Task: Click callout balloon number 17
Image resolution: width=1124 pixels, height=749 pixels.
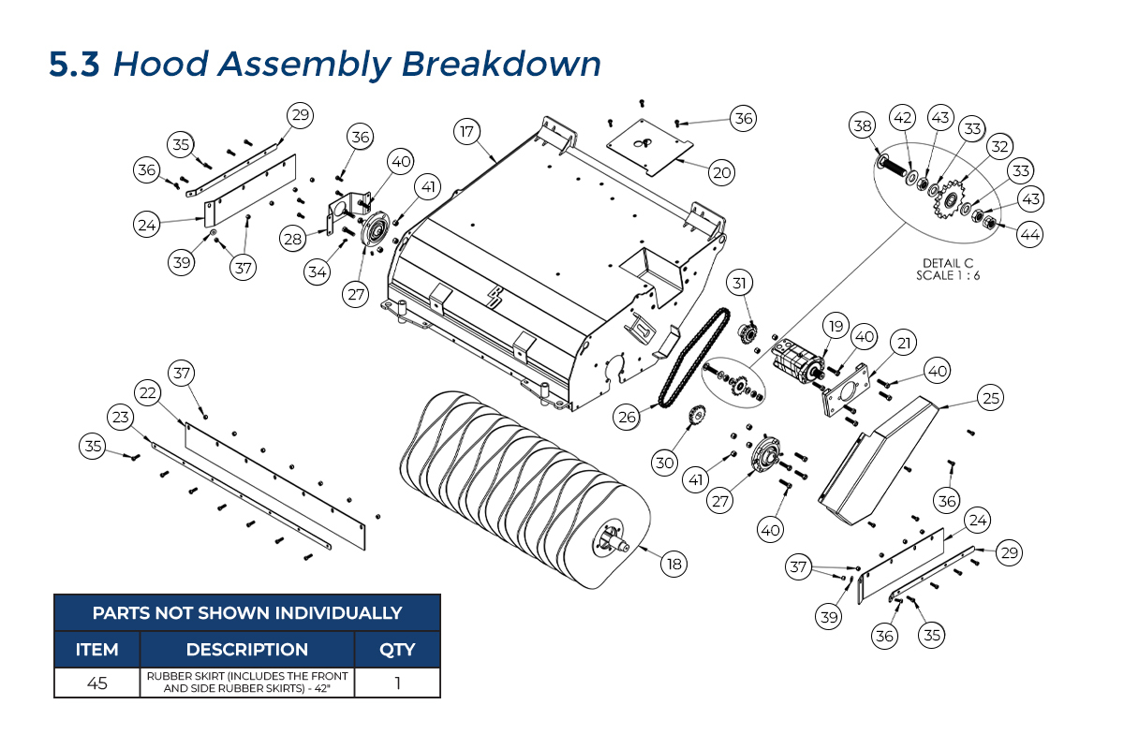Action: click(x=466, y=131)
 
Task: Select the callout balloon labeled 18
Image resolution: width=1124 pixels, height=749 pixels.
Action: click(x=673, y=564)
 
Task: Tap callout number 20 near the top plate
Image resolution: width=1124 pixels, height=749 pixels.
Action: click(x=721, y=172)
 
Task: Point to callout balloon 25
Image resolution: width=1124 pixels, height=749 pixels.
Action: click(x=989, y=398)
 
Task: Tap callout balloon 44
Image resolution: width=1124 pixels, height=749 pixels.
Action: click(x=1029, y=235)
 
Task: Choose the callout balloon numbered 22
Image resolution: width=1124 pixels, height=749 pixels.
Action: click(x=146, y=394)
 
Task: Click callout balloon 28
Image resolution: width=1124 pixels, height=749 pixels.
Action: click(x=293, y=240)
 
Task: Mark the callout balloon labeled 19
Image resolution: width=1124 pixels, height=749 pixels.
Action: click(x=836, y=326)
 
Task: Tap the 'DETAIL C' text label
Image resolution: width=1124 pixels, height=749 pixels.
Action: click(x=948, y=263)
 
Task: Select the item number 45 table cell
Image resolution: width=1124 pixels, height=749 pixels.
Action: click(x=96, y=683)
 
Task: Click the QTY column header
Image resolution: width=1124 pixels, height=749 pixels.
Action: click(x=397, y=650)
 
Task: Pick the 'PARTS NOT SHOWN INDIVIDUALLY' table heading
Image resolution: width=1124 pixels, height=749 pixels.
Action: click(x=247, y=613)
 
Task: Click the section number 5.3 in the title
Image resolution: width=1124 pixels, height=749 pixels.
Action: click(x=74, y=65)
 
